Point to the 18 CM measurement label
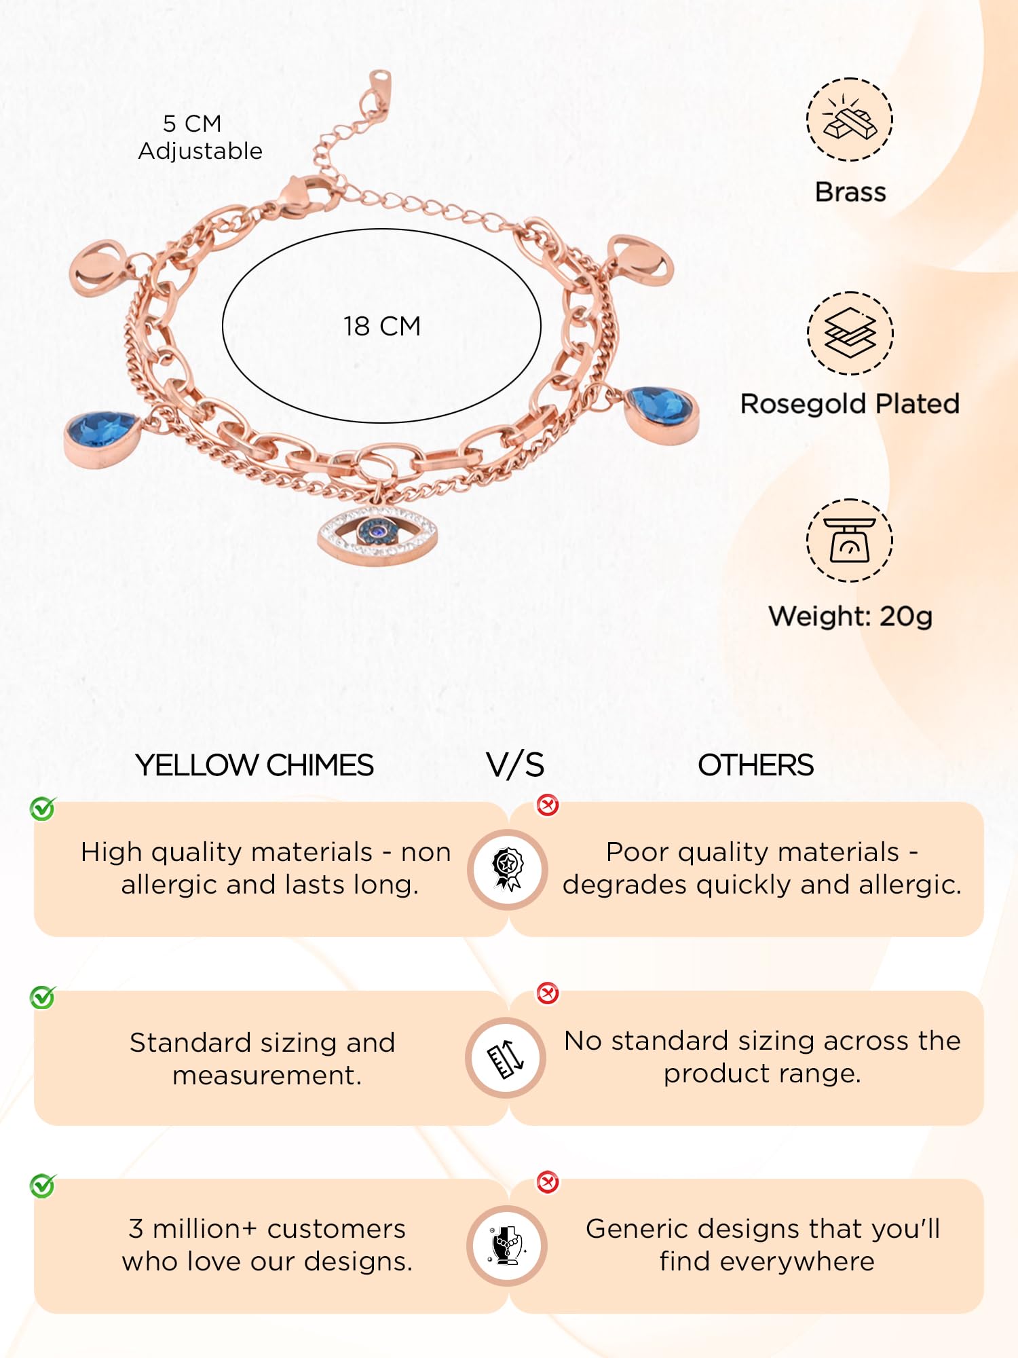(382, 327)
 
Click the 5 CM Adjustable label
(200, 137)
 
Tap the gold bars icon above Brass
(850, 120)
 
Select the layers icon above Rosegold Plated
(850, 333)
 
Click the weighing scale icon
(850, 540)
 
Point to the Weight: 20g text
(850, 617)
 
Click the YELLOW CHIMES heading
(254, 765)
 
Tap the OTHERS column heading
(755, 765)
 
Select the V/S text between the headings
(515, 765)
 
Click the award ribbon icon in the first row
(508, 869)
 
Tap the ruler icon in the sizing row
(506, 1058)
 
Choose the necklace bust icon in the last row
(507, 1246)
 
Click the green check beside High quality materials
(43, 809)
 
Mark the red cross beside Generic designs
(548, 1182)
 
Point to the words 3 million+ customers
(267, 1229)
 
